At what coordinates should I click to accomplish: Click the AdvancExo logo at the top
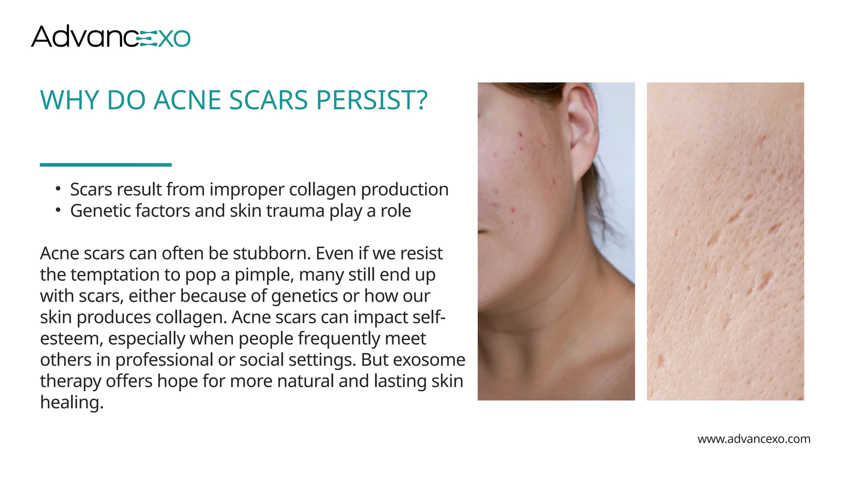click(x=111, y=37)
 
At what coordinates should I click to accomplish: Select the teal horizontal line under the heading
click(x=106, y=165)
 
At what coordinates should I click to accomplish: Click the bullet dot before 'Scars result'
click(x=58, y=189)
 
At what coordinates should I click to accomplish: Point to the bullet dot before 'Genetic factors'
click(x=58, y=210)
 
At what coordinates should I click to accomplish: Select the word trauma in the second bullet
click(x=295, y=211)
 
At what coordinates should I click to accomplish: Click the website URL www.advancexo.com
click(x=754, y=439)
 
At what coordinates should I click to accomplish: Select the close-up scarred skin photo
click(x=725, y=241)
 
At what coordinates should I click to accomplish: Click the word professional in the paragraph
click(x=164, y=360)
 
